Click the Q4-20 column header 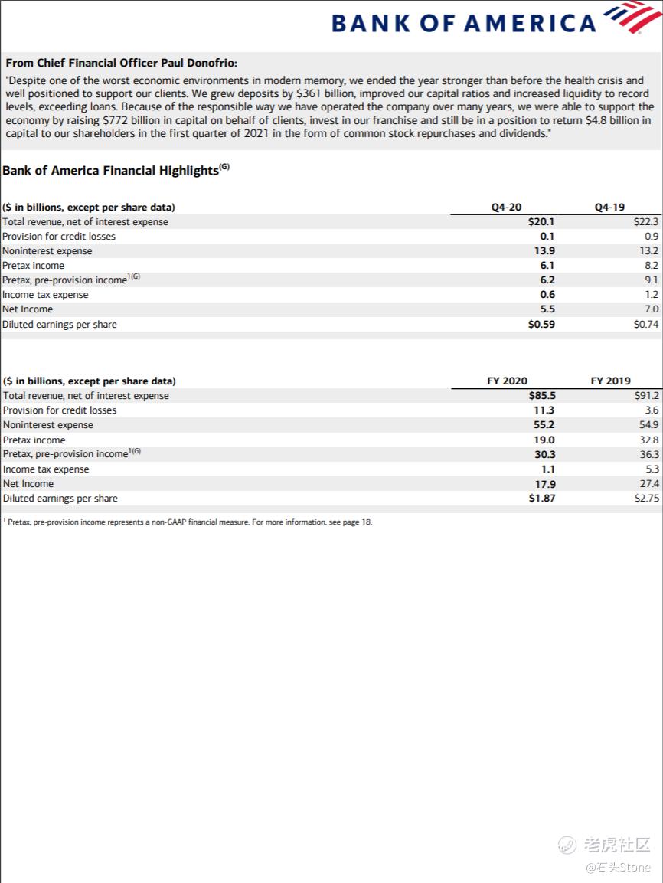[x=506, y=207]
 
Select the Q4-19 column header [x=609, y=207]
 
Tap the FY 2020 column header [x=507, y=381]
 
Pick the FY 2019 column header [x=610, y=381]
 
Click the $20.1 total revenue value [x=541, y=221]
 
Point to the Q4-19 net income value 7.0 [x=651, y=309]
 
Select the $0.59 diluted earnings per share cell [x=541, y=324]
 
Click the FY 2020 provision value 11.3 [x=544, y=410]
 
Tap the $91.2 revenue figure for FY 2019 [x=647, y=396]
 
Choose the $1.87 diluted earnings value [x=541, y=498]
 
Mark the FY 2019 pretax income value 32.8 [x=649, y=440]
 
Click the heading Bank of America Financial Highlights [x=110, y=171]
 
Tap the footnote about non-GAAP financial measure [x=189, y=522]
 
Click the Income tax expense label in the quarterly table [x=45, y=295]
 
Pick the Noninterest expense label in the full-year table [x=48, y=425]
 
